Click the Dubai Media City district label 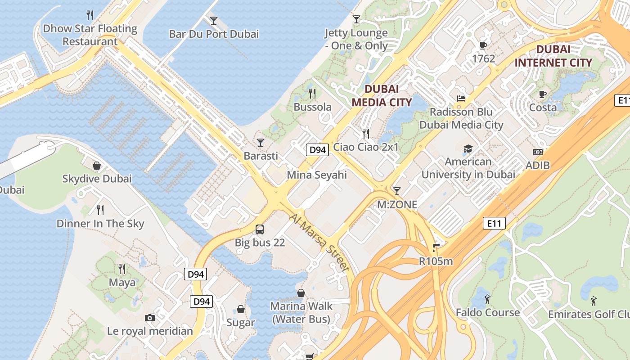[382, 95]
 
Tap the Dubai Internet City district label [553, 56]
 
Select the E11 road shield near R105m [494, 223]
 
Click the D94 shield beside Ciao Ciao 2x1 [317, 150]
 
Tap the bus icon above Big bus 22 [260, 229]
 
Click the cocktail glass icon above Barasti [261, 143]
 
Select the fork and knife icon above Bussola [312, 94]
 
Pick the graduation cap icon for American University [468, 148]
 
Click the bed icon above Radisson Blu [461, 99]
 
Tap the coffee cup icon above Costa [543, 94]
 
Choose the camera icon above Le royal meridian [150, 318]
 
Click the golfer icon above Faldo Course [487, 299]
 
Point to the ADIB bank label [538, 165]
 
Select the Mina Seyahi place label [317, 175]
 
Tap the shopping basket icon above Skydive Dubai [97, 166]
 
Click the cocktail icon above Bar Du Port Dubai [214, 21]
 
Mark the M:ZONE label [397, 205]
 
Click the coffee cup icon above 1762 [483, 45]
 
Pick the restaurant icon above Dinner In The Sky [100, 210]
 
